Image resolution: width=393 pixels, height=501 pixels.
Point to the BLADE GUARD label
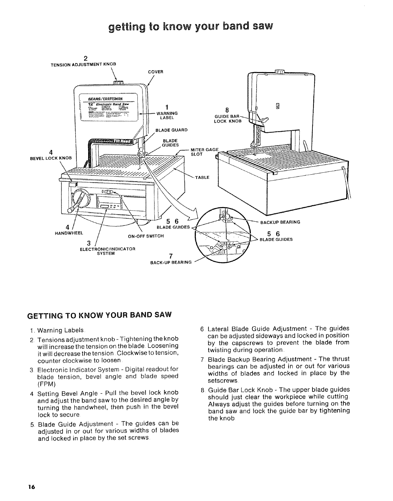[172, 130]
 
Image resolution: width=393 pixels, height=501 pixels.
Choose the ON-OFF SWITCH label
[146, 236]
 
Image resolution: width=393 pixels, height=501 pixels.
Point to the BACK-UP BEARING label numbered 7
[171, 262]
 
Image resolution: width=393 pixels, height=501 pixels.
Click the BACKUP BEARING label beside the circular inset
[280, 222]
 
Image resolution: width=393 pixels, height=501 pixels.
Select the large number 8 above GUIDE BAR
[236, 110]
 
